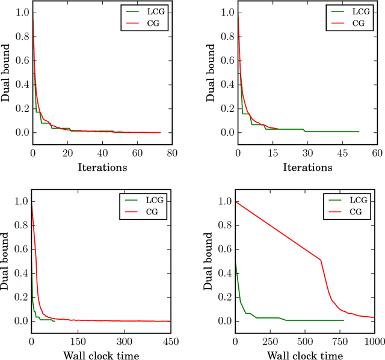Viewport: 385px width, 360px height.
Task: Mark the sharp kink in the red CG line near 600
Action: [321, 260]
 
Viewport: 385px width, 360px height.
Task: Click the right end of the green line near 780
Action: [344, 320]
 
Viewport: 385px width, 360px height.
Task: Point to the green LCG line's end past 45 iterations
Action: [359, 131]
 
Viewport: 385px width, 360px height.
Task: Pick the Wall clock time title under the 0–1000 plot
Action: [306, 355]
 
